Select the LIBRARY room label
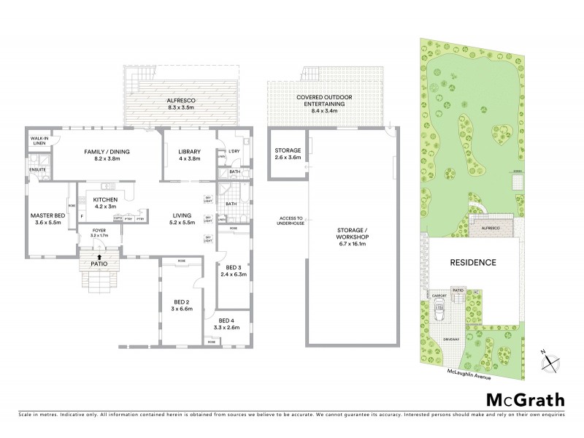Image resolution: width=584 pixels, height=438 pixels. (189, 152)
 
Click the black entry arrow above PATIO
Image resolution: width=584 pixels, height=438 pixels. (99, 255)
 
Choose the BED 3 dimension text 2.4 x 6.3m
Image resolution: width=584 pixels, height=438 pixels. (236, 274)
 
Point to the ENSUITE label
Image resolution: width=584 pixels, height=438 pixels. (38, 169)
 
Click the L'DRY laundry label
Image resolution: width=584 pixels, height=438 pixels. (234, 151)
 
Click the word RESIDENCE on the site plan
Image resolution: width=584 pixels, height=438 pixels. (472, 262)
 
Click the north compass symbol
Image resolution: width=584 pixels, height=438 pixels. (551, 359)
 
